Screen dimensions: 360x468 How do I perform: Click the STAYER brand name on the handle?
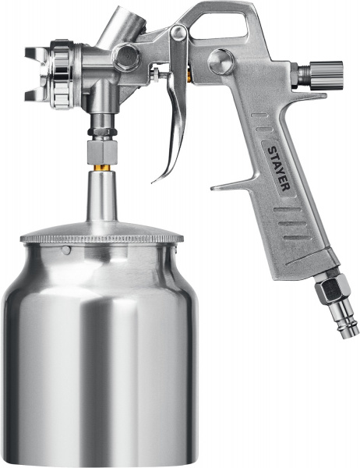tap(278, 168)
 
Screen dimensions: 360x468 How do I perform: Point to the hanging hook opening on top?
tap(219, 26)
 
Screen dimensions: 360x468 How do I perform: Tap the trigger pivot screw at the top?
tap(179, 32)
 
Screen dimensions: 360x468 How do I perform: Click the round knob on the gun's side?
tap(221, 62)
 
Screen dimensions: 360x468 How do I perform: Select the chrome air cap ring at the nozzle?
tap(62, 74)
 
